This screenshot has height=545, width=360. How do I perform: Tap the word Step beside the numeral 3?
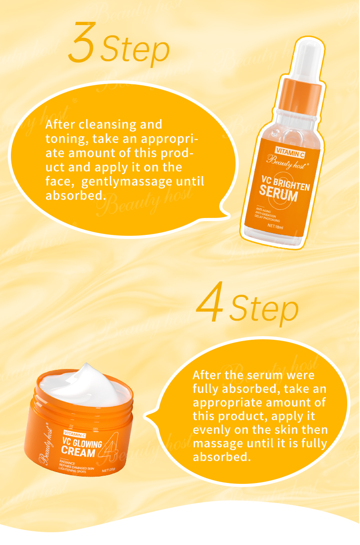[135, 50]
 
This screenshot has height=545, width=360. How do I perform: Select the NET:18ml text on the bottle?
[276, 225]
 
